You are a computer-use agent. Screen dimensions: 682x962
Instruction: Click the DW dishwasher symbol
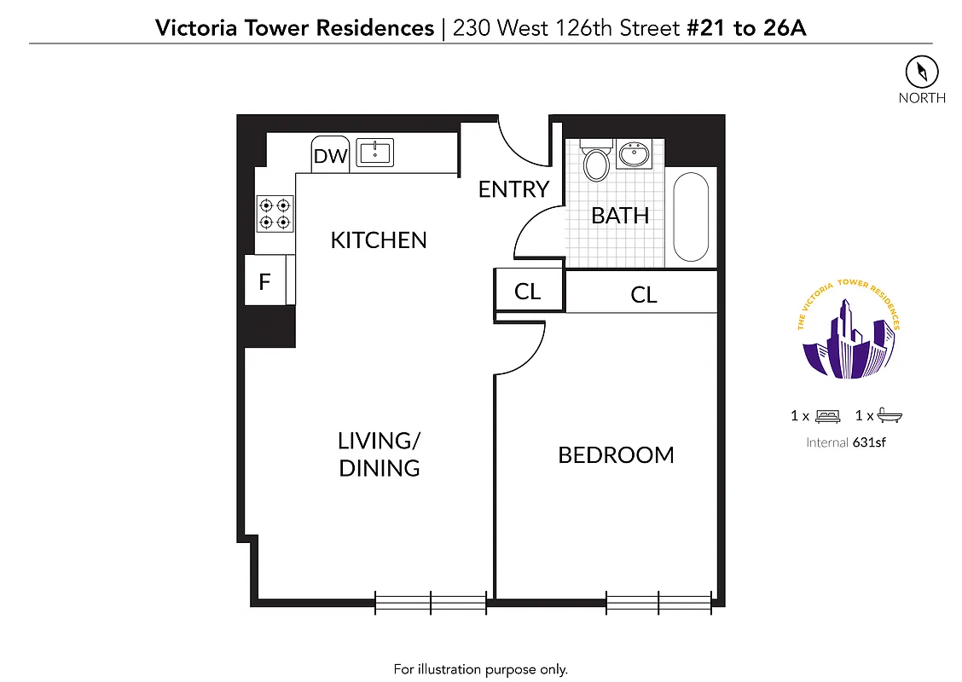click(x=331, y=155)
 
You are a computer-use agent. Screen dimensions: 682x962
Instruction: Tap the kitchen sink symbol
click(x=374, y=153)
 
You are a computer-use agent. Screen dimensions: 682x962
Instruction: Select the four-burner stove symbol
click(x=275, y=213)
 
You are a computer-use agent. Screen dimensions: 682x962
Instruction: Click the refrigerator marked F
click(x=266, y=280)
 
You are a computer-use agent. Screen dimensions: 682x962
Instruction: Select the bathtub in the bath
click(x=691, y=218)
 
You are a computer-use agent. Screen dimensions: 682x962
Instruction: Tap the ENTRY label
click(x=513, y=189)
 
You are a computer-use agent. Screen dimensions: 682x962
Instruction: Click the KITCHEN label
click(x=379, y=240)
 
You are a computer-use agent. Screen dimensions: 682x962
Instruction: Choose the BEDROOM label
click(x=616, y=455)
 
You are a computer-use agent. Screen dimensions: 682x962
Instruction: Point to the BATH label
click(x=620, y=216)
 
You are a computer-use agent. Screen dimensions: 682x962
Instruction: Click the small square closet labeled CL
click(x=528, y=292)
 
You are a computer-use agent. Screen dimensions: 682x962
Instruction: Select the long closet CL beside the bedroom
click(x=643, y=294)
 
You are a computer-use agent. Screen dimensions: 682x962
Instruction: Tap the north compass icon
click(x=921, y=71)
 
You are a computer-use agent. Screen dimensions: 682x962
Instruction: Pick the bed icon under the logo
click(x=826, y=416)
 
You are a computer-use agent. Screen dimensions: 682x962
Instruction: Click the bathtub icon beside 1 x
click(x=890, y=416)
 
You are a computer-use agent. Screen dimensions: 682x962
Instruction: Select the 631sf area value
click(x=868, y=442)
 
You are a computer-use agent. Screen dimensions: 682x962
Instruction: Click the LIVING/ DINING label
click(x=380, y=454)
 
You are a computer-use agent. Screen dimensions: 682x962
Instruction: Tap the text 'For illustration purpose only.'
click(x=480, y=669)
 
